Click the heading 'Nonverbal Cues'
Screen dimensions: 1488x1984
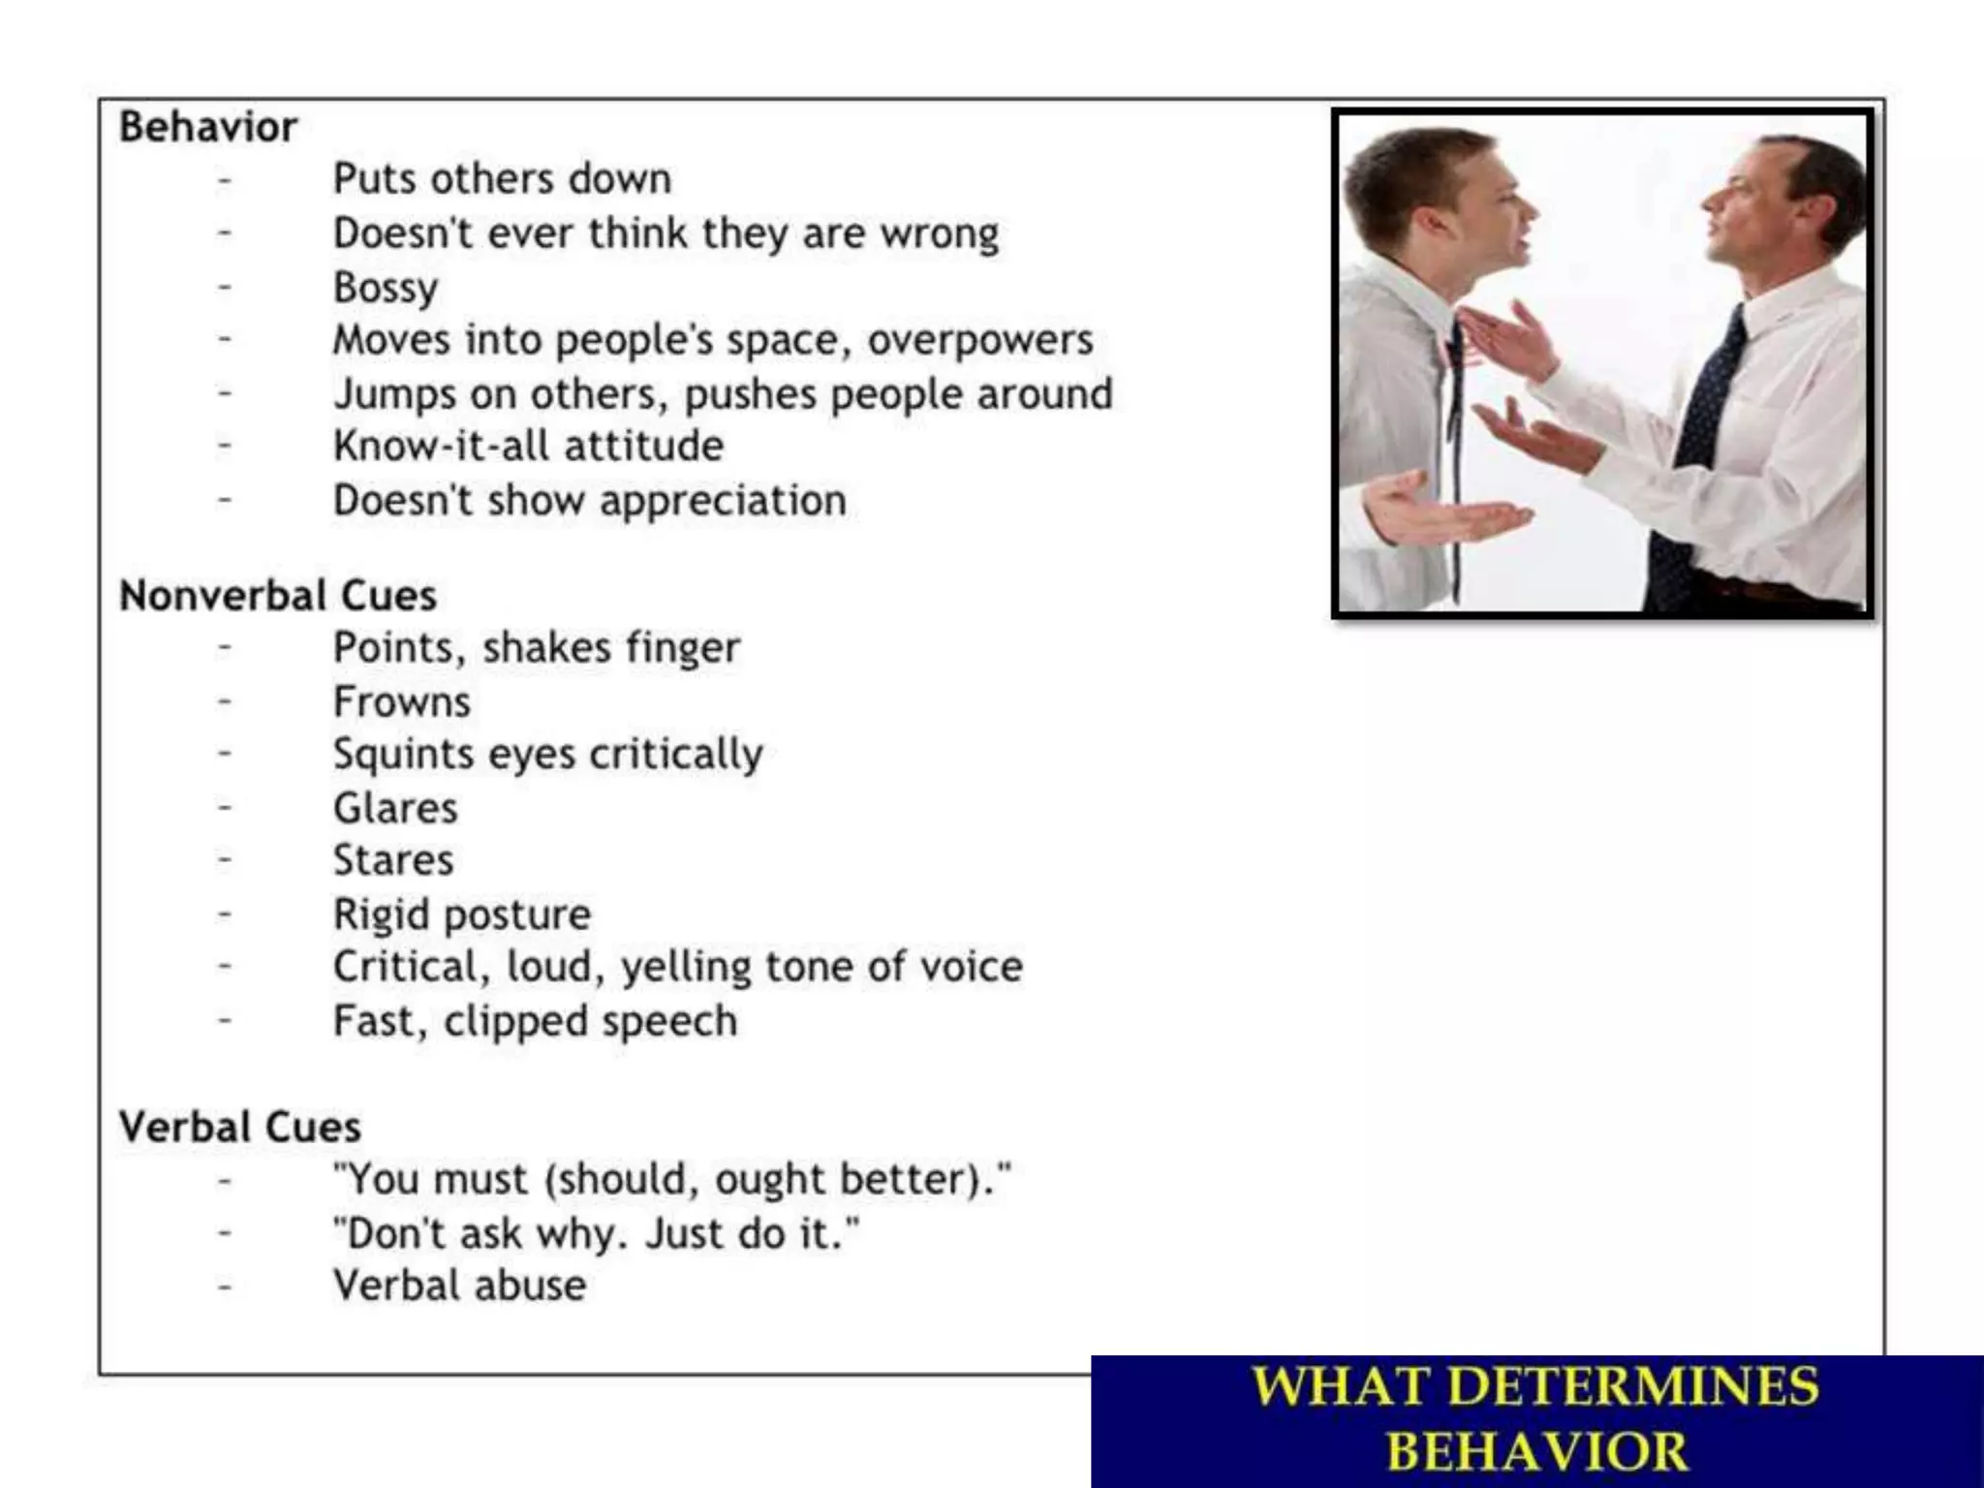click(x=277, y=595)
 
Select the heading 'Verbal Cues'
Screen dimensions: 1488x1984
click(x=239, y=1127)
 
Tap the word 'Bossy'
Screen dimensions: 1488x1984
click(x=386, y=288)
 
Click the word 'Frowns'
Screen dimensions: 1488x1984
click(x=402, y=702)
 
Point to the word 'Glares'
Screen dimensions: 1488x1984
click(x=395, y=808)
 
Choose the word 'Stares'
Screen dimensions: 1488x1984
click(x=393, y=860)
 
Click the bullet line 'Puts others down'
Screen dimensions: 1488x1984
click(x=502, y=179)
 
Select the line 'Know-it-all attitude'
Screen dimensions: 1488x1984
click(x=528, y=447)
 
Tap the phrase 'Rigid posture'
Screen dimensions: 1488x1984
click(x=462, y=914)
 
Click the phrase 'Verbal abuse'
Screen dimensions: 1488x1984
click(x=459, y=1286)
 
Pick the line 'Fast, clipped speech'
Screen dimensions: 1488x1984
click(x=535, y=1021)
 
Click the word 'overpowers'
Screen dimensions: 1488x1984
click(x=979, y=340)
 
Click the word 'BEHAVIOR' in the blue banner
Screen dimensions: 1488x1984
click(x=1536, y=1451)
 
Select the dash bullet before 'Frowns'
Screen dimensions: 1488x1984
click(x=225, y=700)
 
